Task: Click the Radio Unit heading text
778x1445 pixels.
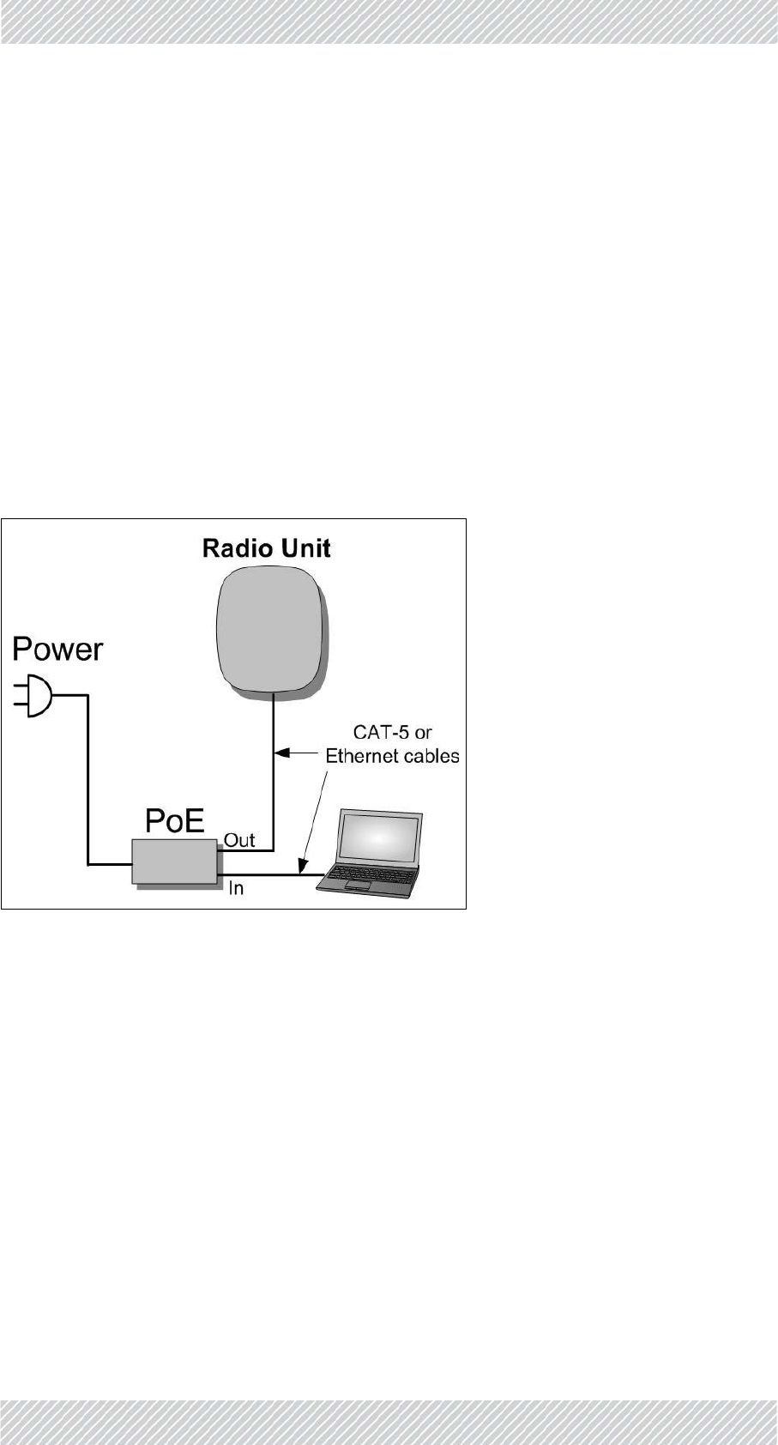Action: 266,548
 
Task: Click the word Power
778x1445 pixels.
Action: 57,650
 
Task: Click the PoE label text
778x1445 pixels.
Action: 175,822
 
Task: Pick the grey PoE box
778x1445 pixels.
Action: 174,861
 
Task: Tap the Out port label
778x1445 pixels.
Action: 239,840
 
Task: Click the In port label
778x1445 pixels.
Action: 236,888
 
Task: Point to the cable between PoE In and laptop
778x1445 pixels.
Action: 266,875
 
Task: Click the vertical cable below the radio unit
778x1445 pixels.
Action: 273,772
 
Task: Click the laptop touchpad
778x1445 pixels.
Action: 359,885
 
